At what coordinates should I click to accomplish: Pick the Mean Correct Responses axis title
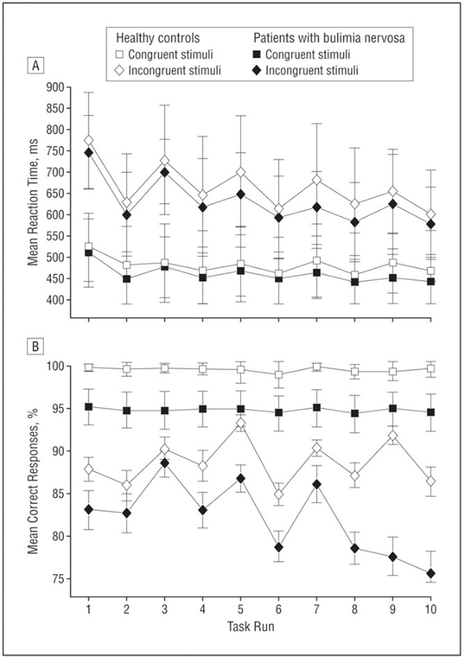(32, 470)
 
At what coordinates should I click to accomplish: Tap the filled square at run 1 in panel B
(88, 406)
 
